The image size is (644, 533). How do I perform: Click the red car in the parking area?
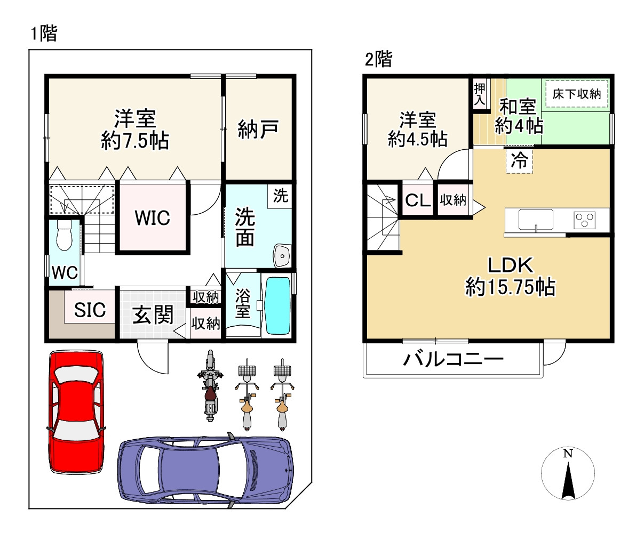76,411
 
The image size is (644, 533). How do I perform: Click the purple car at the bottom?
205,474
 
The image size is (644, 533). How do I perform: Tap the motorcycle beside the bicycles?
210,386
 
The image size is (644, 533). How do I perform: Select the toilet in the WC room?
64,235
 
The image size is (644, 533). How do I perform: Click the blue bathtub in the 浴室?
277,305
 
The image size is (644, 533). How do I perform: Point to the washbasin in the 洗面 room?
282,256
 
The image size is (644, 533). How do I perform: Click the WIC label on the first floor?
153,218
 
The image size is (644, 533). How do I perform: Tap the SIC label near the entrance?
90,310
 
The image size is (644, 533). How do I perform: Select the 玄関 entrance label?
153,314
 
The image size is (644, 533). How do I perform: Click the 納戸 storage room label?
258,130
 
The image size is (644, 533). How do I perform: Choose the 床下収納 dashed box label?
577,94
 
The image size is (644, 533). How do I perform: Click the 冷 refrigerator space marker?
519,160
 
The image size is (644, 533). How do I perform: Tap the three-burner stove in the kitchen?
584,220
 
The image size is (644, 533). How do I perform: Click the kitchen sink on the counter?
536,220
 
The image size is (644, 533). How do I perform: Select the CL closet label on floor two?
418,200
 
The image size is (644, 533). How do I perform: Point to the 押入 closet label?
480,94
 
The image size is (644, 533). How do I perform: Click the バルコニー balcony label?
454,360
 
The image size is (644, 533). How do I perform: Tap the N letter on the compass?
568,453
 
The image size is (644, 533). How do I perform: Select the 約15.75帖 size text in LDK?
511,287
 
